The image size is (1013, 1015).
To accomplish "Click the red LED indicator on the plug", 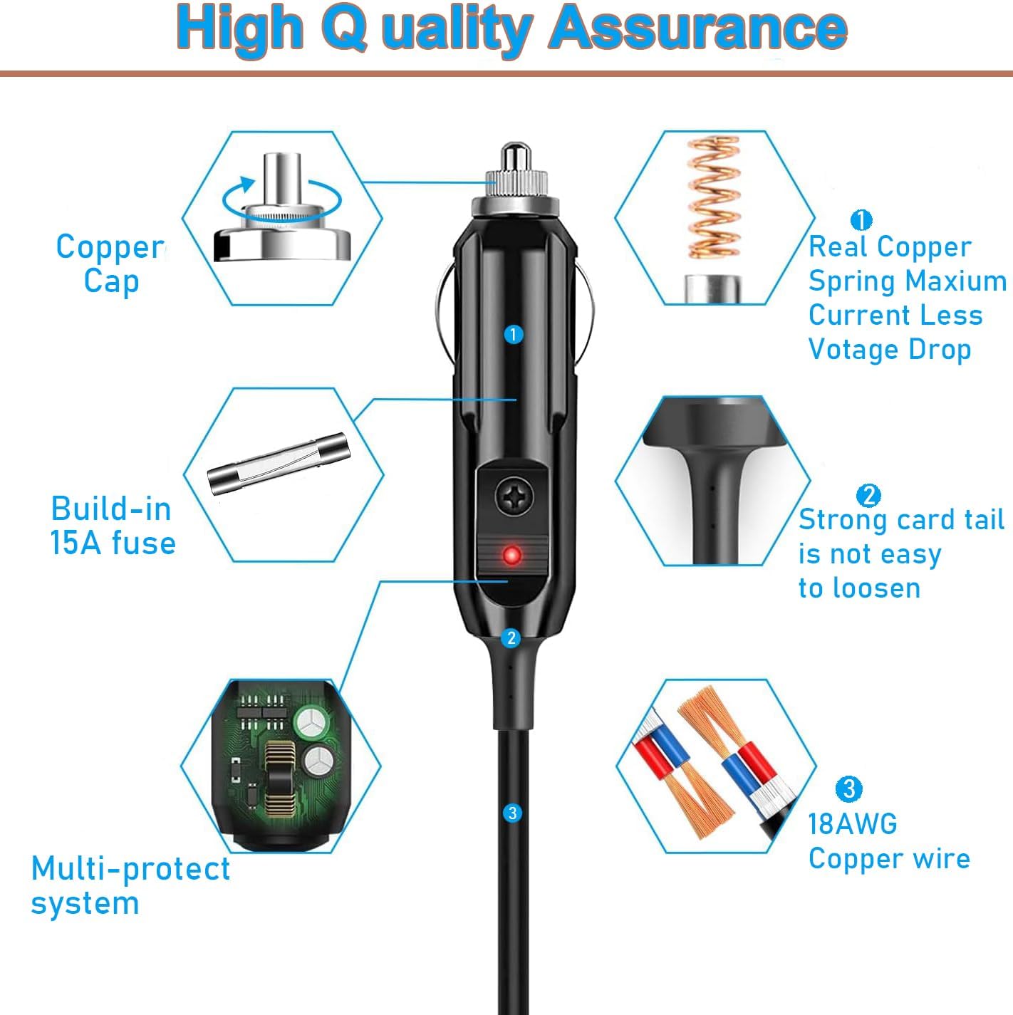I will (x=511, y=555).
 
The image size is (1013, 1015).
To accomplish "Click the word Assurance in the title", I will (x=698, y=28).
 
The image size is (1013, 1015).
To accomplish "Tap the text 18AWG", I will (x=852, y=824).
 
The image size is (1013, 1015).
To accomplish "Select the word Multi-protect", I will (x=130, y=869).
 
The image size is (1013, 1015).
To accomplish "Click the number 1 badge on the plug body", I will (x=513, y=334).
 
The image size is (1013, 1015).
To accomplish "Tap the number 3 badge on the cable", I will (x=512, y=813).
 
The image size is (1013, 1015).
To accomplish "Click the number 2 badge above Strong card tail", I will (x=868, y=495).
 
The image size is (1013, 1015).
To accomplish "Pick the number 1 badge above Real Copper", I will (x=861, y=220).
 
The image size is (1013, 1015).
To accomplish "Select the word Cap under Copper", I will (x=111, y=281).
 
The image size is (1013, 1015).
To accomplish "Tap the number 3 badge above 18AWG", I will (x=848, y=788).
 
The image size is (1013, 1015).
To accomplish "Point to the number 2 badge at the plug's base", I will (x=511, y=637).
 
